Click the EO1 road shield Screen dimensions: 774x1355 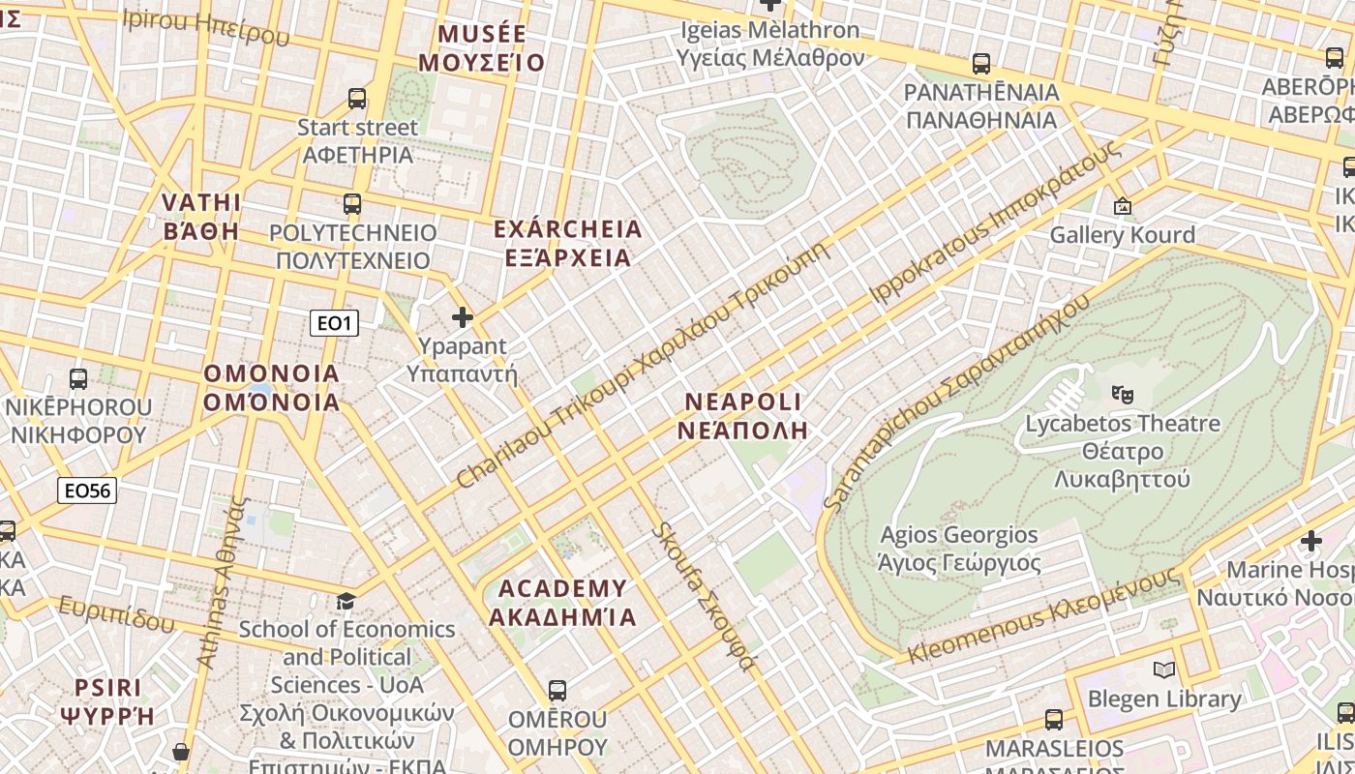point(334,323)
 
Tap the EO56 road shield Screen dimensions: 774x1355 point(87,491)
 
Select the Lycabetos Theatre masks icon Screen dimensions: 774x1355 point(1123,394)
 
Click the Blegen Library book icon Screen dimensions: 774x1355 point(1164,670)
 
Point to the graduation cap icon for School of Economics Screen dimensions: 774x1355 point(346,602)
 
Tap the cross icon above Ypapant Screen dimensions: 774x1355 point(463,316)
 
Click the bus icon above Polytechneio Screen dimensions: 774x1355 point(352,204)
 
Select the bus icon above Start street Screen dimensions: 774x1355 point(357,99)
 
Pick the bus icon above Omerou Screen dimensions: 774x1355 point(557,691)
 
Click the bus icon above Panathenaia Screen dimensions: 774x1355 point(981,64)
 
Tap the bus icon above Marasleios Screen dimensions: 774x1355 point(1054,720)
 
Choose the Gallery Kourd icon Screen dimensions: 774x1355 point(1123,206)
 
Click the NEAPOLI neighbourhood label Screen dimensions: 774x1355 point(742,416)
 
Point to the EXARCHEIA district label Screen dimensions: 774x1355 point(567,243)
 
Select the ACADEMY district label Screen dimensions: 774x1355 point(562,603)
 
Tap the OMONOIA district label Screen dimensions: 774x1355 point(271,388)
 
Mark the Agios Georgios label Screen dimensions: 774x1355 point(958,549)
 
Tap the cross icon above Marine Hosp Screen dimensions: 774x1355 point(1311,541)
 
